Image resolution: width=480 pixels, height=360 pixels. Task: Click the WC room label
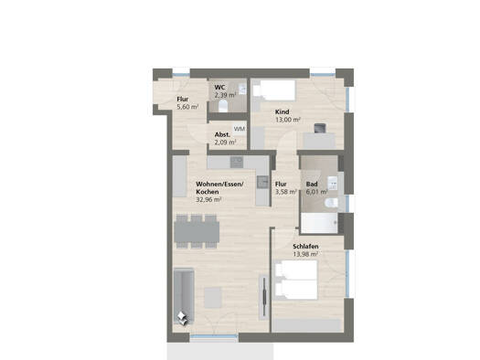click(x=219, y=88)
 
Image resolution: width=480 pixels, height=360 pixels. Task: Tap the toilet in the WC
click(x=223, y=106)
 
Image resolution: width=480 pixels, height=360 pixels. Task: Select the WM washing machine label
click(x=239, y=129)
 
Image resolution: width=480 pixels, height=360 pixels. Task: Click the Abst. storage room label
click(x=222, y=134)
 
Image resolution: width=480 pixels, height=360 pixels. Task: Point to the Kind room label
click(x=282, y=112)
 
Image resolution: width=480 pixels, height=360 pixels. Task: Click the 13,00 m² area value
click(x=288, y=120)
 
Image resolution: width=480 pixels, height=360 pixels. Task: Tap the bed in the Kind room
click(x=273, y=90)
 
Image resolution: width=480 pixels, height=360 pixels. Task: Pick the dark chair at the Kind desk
click(x=321, y=128)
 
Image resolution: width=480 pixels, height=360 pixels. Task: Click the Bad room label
click(x=312, y=185)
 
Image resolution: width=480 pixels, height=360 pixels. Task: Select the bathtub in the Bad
click(x=319, y=223)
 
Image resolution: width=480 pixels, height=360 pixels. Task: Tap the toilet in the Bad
click(x=331, y=203)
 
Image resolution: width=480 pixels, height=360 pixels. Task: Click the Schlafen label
click(x=305, y=246)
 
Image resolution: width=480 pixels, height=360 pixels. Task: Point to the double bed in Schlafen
click(x=296, y=280)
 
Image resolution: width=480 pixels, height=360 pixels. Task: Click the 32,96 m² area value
click(x=208, y=200)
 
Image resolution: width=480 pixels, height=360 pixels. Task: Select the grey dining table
click(x=197, y=231)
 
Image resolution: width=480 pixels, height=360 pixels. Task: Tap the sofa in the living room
click(x=184, y=295)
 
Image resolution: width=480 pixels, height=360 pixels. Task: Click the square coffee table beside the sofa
click(x=213, y=297)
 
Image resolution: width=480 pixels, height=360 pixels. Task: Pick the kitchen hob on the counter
click(x=237, y=163)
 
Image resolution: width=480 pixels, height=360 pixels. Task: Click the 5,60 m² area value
click(x=187, y=107)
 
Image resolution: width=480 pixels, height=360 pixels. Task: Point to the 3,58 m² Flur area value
click(x=286, y=192)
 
